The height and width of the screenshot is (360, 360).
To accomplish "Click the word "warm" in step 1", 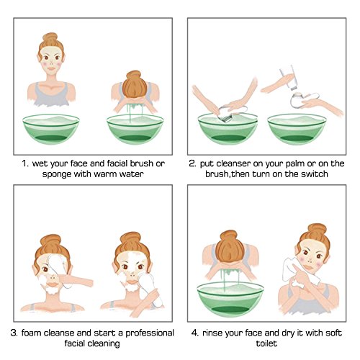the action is click(x=105, y=174).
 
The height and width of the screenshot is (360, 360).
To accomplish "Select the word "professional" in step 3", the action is click(x=150, y=333).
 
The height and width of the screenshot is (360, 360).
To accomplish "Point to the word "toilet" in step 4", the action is click(x=266, y=343).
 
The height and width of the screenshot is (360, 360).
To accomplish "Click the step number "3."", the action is click(x=14, y=333).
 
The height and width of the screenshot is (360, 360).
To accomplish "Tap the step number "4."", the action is click(x=195, y=333).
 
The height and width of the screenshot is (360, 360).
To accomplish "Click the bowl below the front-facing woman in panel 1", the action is click(x=51, y=129).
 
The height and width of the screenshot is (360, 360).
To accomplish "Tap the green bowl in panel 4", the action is click(x=230, y=299).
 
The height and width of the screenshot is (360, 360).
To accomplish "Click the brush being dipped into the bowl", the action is click(x=230, y=113).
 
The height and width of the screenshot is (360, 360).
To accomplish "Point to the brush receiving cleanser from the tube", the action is click(x=303, y=99).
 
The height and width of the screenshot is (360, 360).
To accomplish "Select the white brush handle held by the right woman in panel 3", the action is click(x=149, y=290).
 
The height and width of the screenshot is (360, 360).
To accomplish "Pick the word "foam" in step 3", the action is click(x=31, y=333).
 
